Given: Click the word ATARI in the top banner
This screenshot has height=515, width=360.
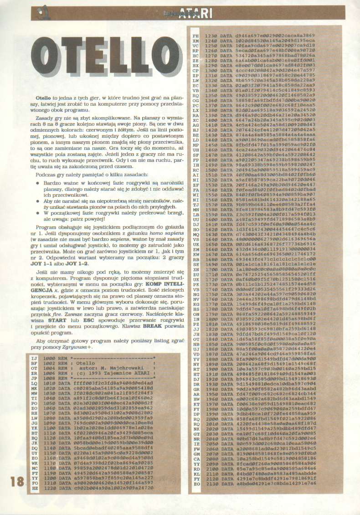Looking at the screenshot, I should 193,14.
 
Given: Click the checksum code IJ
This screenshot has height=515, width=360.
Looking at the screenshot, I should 34,359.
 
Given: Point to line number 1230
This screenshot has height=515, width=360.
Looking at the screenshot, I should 210,35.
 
